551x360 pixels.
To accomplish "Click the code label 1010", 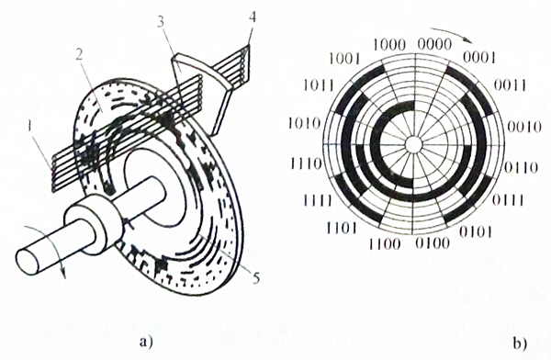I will [308, 121].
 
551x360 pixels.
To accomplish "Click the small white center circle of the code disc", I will [413, 143].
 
